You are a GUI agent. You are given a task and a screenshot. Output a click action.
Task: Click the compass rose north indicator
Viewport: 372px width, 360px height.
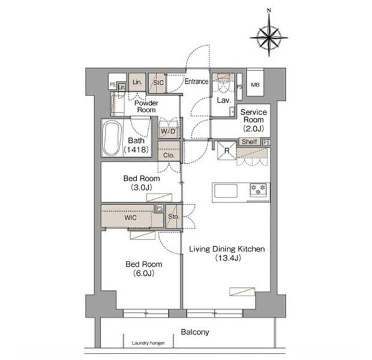coord(269,33)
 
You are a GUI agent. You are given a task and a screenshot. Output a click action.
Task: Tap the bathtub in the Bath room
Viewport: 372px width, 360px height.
coord(112,139)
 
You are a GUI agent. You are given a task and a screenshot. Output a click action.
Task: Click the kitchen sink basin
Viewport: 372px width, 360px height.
coord(226,191)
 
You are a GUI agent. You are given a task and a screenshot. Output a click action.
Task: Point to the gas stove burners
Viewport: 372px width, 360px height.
coord(259,190)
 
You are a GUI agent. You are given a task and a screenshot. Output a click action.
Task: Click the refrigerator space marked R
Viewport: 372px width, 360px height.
coord(227,151)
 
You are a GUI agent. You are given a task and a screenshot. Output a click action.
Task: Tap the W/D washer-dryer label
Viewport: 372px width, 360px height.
coord(168,131)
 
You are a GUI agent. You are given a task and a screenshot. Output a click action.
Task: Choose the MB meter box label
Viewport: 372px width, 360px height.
coord(255,85)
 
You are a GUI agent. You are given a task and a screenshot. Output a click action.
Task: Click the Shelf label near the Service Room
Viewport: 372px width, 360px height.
coord(250,142)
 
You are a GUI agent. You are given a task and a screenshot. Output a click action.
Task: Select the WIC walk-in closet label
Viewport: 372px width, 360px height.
coord(130,218)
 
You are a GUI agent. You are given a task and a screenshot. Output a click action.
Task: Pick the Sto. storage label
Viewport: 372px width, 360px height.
coord(173,217)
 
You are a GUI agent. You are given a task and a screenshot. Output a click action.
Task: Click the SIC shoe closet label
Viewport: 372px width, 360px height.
coord(158,83)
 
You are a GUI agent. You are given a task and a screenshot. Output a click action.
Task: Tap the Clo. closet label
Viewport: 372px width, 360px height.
coord(169,155)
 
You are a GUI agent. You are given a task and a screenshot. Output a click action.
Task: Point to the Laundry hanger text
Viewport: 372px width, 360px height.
coord(148,343)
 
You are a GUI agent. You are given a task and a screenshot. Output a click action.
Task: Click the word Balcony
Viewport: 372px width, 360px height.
coord(195,332)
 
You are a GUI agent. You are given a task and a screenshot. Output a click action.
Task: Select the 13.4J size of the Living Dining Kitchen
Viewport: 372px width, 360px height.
coord(228,258)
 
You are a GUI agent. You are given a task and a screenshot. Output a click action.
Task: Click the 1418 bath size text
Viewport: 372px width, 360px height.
coord(136,149)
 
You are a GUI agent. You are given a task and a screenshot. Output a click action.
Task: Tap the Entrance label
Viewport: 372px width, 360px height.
coord(196,82)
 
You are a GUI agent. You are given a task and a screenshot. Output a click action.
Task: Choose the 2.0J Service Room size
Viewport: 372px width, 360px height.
coord(253,128)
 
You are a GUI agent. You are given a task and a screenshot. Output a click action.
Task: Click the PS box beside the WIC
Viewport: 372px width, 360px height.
coord(160,208)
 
